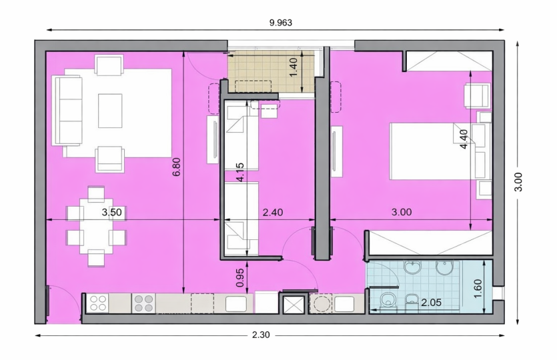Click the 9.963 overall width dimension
pyautogui.click(x=281, y=23)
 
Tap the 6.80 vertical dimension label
pyautogui.click(x=177, y=167)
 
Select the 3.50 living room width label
pyautogui.click(x=111, y=212)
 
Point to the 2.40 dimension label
pyautogui.click(x=273, y=212)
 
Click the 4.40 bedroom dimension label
pyautogui.click(x=464, y=139)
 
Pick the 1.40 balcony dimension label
pyautogui.click(x=293, y=67)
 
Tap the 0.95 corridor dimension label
pyautogui.click(x=240, y=277)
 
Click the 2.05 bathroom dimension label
pyautogui.click(x=431, y=303)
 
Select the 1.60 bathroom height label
pyautogui.click(x=478, y=289)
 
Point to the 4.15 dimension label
pyautogui.click(x=240, y=172)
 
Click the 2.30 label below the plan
pyautogui.click(x=261, y=335)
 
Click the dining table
pyautogui.click(x=96, y=226)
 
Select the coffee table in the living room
pyautogui.click(x=110, y=111)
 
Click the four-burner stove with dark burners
pyautogui.click(x=143, y=303)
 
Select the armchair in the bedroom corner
pyautogui.click(x=478, y=95)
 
